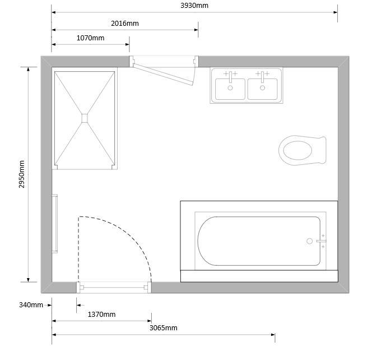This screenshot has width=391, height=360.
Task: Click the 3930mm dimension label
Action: click(x=194, y=6)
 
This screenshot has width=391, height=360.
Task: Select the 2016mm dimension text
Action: click(x=125, y=24)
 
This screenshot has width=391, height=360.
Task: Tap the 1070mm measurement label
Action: click(x=90, y=38)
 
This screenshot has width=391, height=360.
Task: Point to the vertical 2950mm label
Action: click(x=22, y=174)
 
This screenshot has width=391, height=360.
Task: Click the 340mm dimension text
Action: click(x=31, y=305)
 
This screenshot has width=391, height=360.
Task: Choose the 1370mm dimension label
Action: click(x=101, y=315)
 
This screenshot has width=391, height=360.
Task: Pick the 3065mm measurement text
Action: click(x=164, y=328)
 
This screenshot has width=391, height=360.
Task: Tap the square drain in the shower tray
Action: click(x=85, y=118)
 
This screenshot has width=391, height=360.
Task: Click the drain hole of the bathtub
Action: click(x=309, y=241)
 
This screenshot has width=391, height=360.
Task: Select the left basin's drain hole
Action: click(x=230, y=88)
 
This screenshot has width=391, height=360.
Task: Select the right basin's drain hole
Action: click(x=262, y=88)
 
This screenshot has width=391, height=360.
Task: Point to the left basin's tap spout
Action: click(x=230, y=77)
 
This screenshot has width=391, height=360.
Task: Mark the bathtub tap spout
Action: click(x=322, y=241)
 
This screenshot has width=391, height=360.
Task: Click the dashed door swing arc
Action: click(x=129, y=232)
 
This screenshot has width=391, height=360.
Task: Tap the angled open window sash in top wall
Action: click(x=164, y=75)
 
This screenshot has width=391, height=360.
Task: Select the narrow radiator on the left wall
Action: click(x=54, y=224)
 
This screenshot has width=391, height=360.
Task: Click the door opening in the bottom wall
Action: click(x=114, y=288)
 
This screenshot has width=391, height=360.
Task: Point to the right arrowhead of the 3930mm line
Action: click(x=336, y=12)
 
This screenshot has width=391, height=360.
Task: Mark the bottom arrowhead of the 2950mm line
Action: click(x=28, y=280)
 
